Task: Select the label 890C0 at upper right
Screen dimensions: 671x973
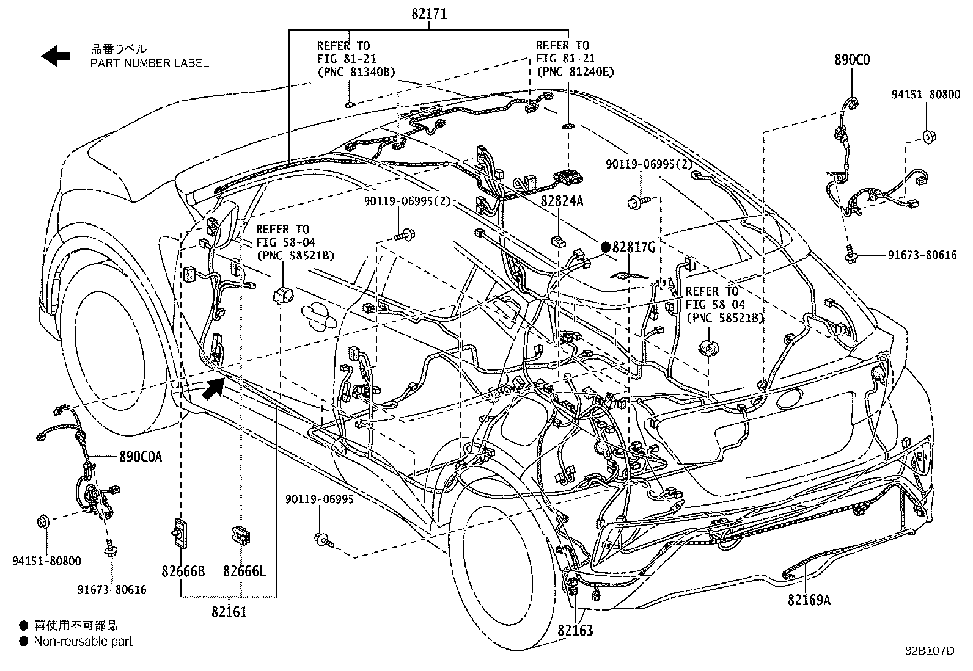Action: tap(852, 60)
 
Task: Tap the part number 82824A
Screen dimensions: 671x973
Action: tap(562, 200)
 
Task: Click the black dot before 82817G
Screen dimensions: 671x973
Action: tap(605, 247)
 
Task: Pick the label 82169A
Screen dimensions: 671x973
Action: tap(809, 600)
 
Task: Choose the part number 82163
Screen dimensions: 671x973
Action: tap(575, 630)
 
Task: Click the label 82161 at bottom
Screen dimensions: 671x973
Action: tap(229, 611)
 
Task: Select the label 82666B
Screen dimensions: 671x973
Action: tap(183, 571)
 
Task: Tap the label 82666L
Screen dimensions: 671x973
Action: tap(244, 571)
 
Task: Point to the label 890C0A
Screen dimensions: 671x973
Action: tap(141, 456)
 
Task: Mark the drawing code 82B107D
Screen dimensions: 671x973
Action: tap(930, 651)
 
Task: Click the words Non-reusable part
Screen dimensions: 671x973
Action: tap(83, 642)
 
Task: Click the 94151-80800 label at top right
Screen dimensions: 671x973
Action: tap(926, 95)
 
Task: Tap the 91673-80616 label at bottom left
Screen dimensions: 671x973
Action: tap(112, 590)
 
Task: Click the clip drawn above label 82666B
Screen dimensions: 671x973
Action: tap(179, 533)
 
